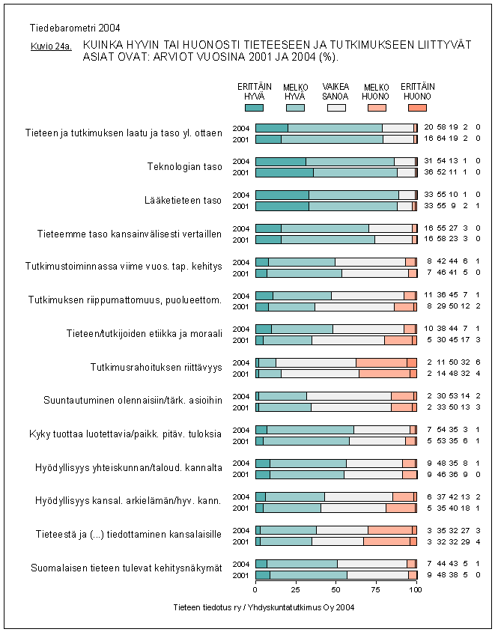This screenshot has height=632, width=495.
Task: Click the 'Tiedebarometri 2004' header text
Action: tap(65, 28)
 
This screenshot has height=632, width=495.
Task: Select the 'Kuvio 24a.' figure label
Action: tap(50, 46)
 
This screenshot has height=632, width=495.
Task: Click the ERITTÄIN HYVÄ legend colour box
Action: tap(254, 108)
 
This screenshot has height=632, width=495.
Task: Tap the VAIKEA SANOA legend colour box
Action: tap(335, 108)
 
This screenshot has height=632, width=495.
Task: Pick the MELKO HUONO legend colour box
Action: tap(377, 108)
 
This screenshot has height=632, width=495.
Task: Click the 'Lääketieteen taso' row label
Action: tap(183, 200)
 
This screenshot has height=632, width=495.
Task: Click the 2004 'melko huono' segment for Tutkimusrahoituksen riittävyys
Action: tap(381, 362)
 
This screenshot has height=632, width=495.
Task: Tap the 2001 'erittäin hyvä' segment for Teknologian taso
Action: tap(284, 172)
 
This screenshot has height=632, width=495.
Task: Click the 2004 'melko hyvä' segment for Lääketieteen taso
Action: tap(353, 195)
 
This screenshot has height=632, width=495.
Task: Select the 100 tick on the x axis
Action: tap(416, 590)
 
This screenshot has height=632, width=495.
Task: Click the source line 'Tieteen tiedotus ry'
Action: tap(263, 607)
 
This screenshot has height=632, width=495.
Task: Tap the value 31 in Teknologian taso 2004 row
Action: tap(428, 162)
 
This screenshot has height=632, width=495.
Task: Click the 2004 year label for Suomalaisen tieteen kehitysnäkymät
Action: tap(242, 563)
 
